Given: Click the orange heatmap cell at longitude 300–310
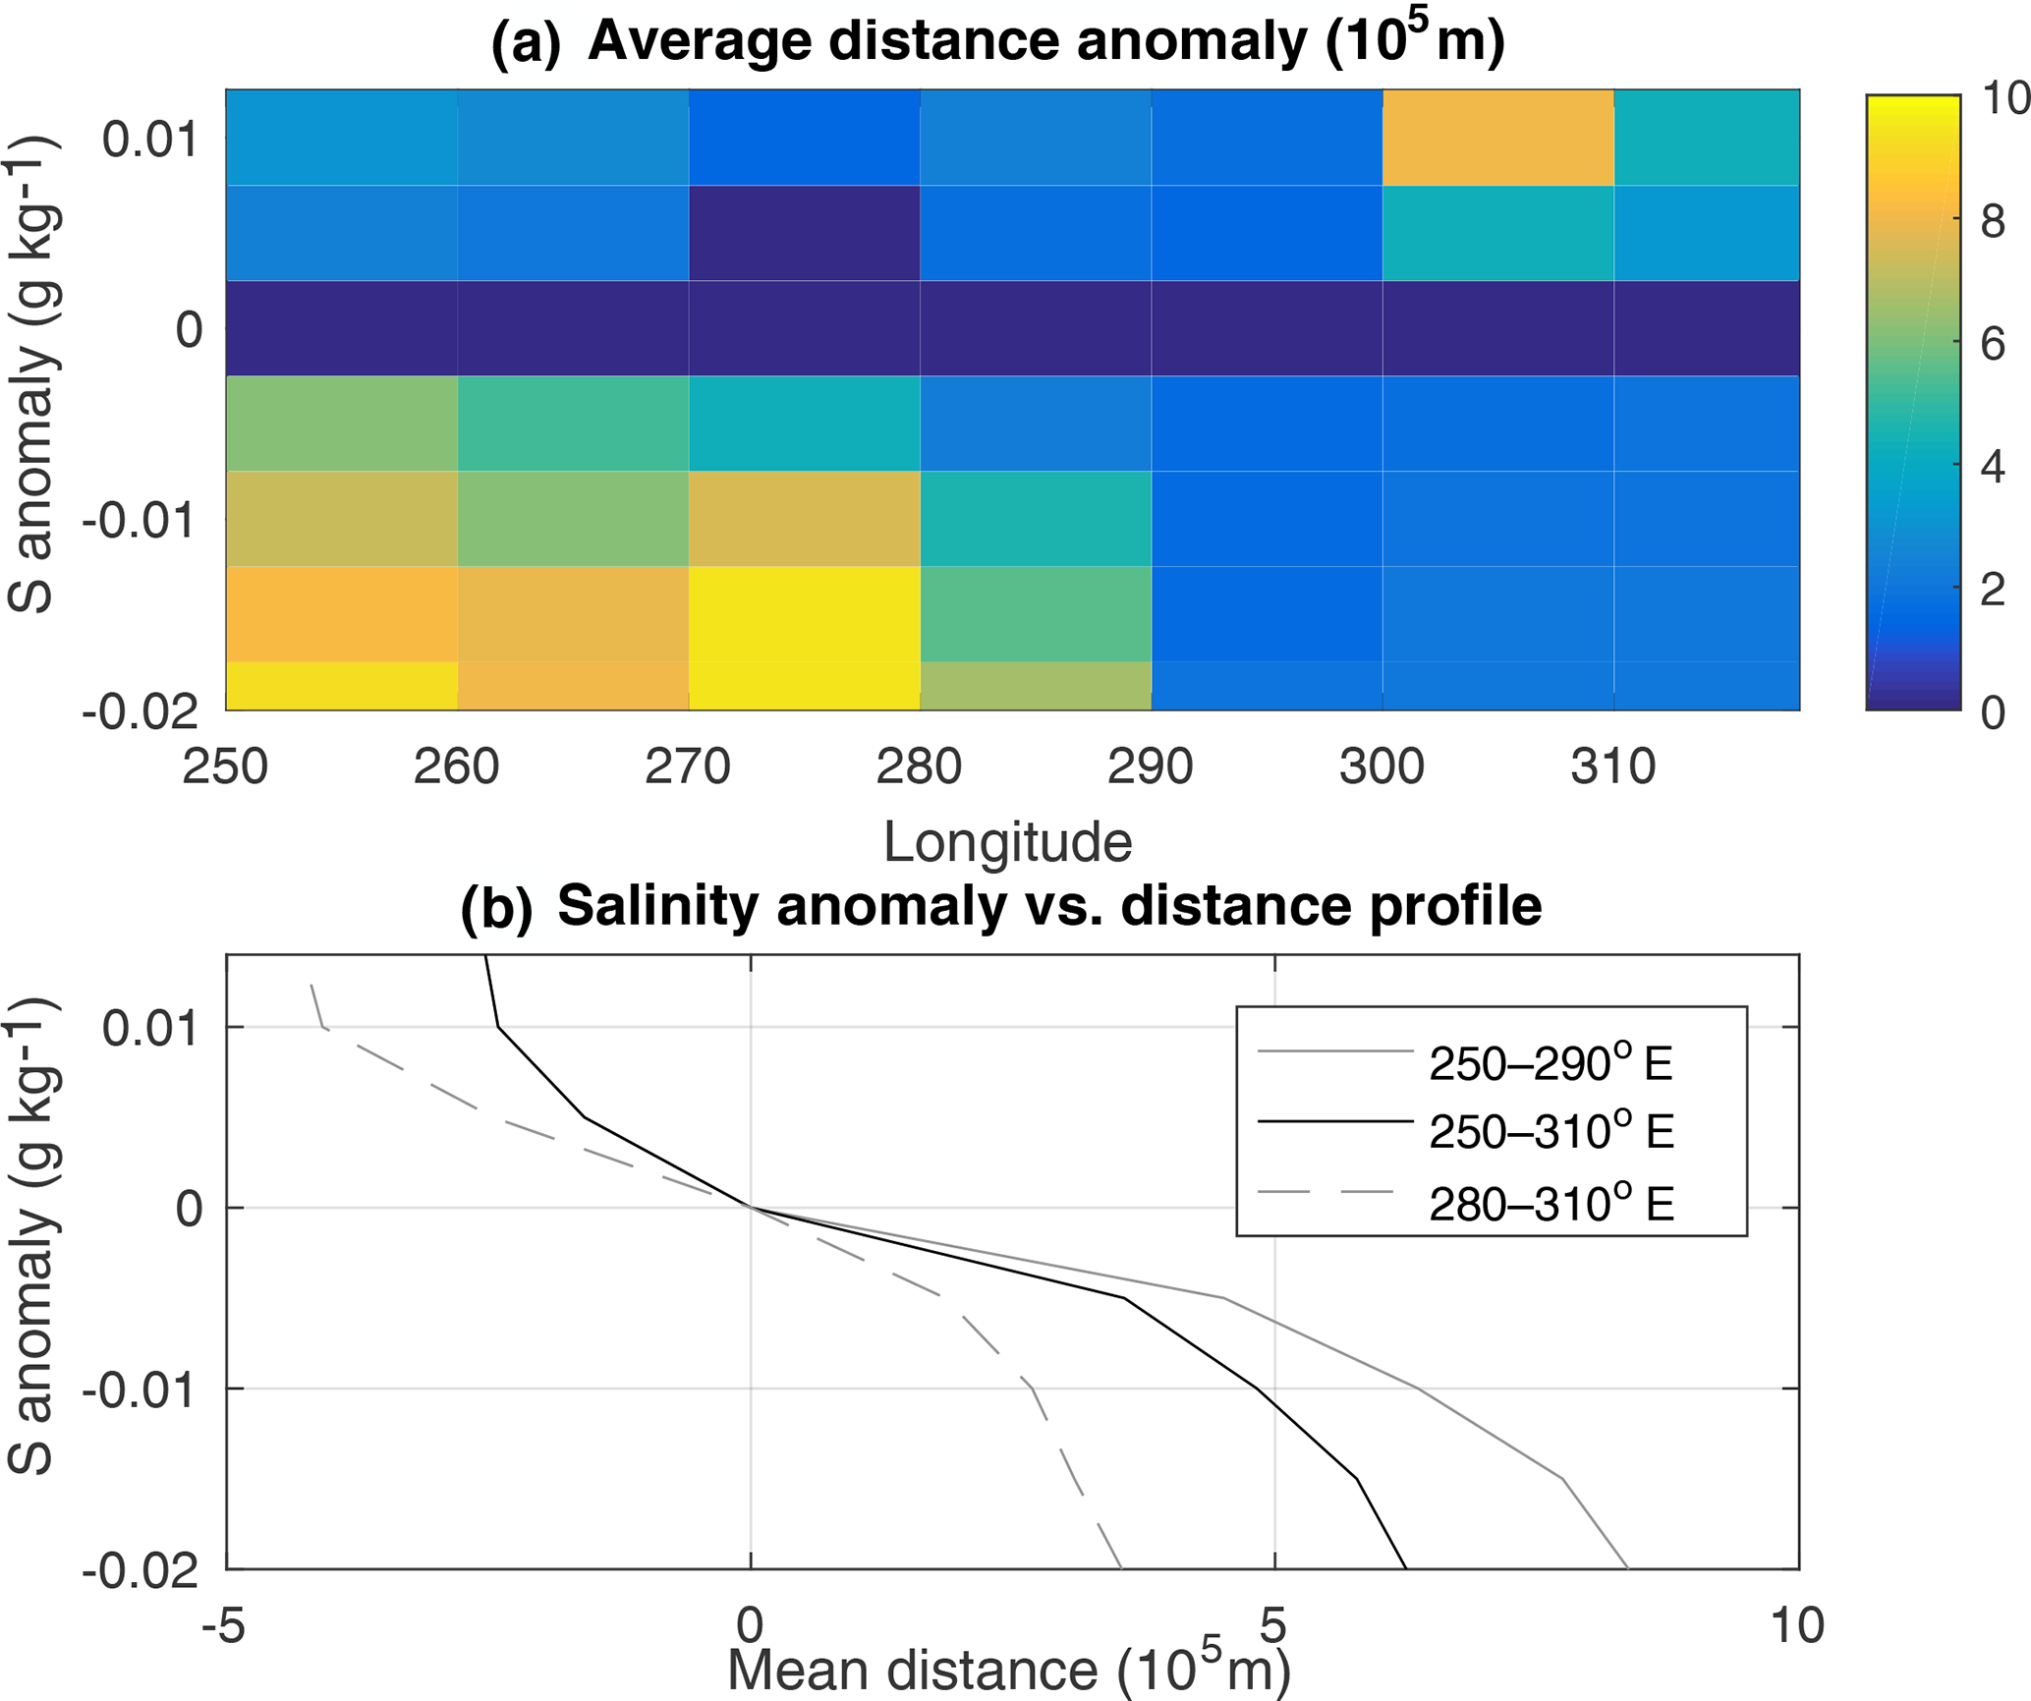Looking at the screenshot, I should tap(1497, 138).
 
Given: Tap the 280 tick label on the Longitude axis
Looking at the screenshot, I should tap(919, 767).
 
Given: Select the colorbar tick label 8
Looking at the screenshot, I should tap(1993, 222).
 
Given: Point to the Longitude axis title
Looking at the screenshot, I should tap(1007, 842).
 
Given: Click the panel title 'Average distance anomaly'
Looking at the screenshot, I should tap(1045, 42).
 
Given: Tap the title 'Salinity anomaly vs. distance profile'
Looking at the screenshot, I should tap(1049, 906).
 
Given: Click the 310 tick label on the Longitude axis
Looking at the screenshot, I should tap(1612, 767).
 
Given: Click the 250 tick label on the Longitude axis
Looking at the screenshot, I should tap(225, 767).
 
